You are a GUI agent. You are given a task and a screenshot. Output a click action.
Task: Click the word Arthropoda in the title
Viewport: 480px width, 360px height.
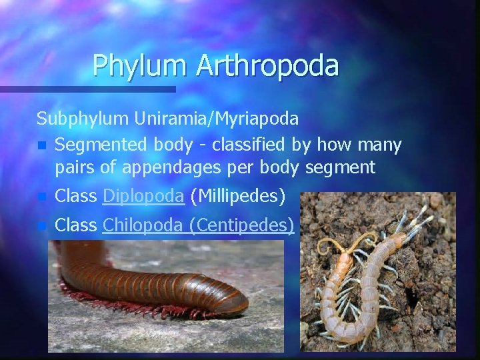[x=268, y=65]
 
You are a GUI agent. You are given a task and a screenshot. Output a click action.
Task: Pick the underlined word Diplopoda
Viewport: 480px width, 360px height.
[x=144, y=196]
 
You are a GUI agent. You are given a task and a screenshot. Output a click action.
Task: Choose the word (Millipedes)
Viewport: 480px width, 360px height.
[x=238, y=196]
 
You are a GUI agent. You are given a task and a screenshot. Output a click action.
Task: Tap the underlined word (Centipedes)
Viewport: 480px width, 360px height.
[x=241, y=225]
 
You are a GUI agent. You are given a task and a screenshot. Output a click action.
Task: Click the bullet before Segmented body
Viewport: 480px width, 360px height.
[x=42, y=145]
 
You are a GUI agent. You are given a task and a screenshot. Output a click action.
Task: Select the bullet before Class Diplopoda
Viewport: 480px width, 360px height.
[x=42, y=197]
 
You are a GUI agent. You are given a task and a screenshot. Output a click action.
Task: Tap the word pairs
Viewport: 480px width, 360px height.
[x=75, y=167]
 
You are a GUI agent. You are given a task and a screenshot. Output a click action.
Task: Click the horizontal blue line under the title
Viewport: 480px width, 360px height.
[x=87, y=89]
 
